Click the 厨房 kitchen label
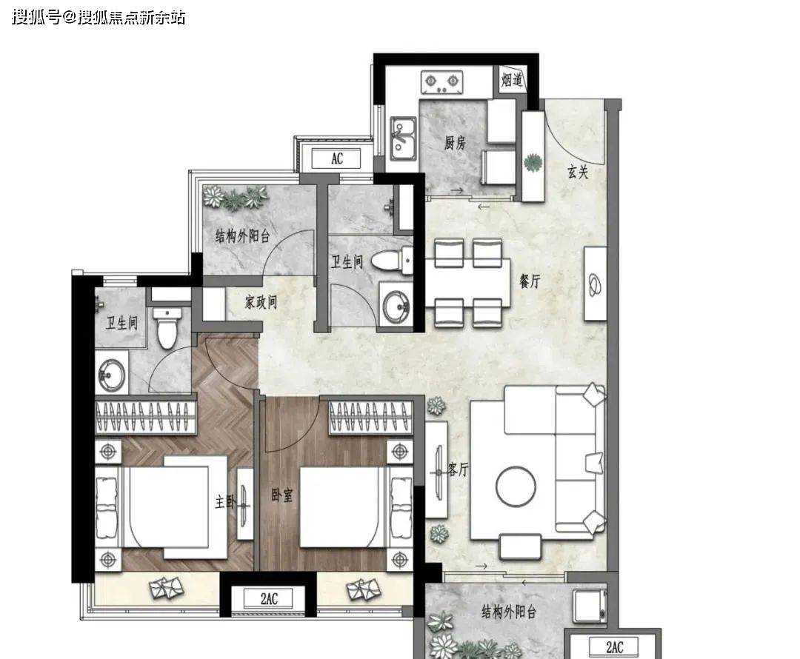[x=455, y=143]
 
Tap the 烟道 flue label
[x=512, y=80]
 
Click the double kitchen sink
[x=403, y=138]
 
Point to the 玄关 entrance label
[x=578, y=172]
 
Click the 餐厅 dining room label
[x=530, y=281]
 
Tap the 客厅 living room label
[x=458, y=469]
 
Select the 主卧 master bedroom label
[x=225, y=502]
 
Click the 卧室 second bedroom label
[x=282, y=495]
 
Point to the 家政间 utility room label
[x=261, y=302]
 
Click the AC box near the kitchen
[x=337, y=158]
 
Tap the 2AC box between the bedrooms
[x=269, y=598]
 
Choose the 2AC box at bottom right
[x=614, y=647]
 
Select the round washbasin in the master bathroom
[x=112, y=375]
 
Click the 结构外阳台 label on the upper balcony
[x=242, y=236]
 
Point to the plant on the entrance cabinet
[x=533, y=162]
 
